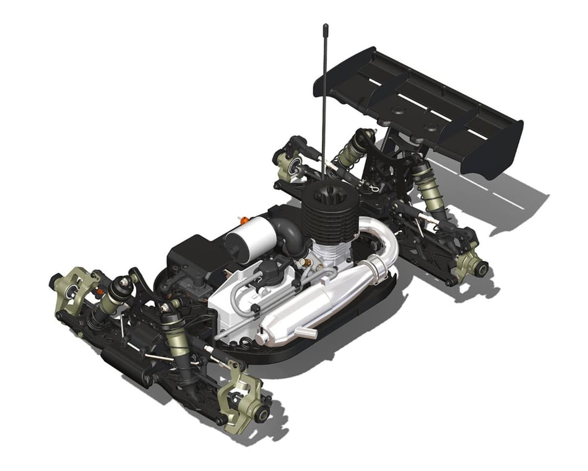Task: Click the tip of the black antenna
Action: [325, 26]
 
